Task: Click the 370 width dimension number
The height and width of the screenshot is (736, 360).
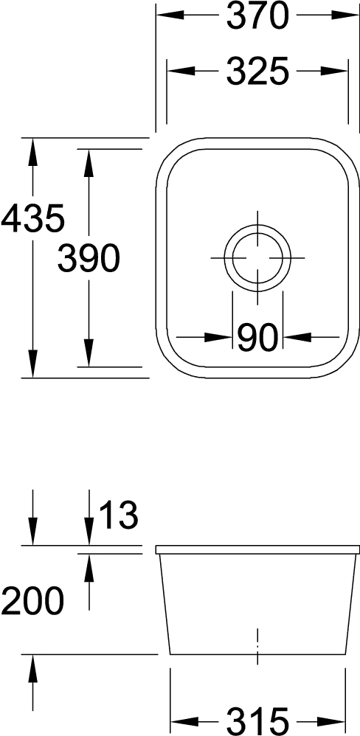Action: (x=257, y=16)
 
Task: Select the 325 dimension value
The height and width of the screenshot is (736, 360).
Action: (x=257, y=72)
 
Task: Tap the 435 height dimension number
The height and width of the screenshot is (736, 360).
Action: (x=32, y=219)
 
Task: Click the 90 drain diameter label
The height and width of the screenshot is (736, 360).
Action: (x=257, y=338)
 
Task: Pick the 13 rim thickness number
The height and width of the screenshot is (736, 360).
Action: (x=119, y=515)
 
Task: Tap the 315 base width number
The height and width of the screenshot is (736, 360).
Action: (x=257, y=721)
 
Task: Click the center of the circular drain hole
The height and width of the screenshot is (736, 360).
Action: (x=257, y=257)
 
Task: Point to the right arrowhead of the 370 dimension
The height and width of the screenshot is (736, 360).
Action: (x=345, y=15)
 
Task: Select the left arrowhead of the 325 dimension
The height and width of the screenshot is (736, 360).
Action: (x=181, y=72)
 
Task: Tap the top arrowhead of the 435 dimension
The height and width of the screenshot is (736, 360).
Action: (x=32, y=152)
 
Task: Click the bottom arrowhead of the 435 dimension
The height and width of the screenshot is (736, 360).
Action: (x=32, y=364)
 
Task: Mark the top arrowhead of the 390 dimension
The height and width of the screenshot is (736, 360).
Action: (x=89, y=163)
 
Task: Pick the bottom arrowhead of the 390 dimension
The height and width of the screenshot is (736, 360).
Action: (x=89, y=353)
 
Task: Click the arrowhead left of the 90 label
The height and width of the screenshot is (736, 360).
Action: (x=218, y=337)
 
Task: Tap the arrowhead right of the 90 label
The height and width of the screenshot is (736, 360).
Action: (x=297, y=337)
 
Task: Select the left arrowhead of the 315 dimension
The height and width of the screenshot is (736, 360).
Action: (x=184, y=721)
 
